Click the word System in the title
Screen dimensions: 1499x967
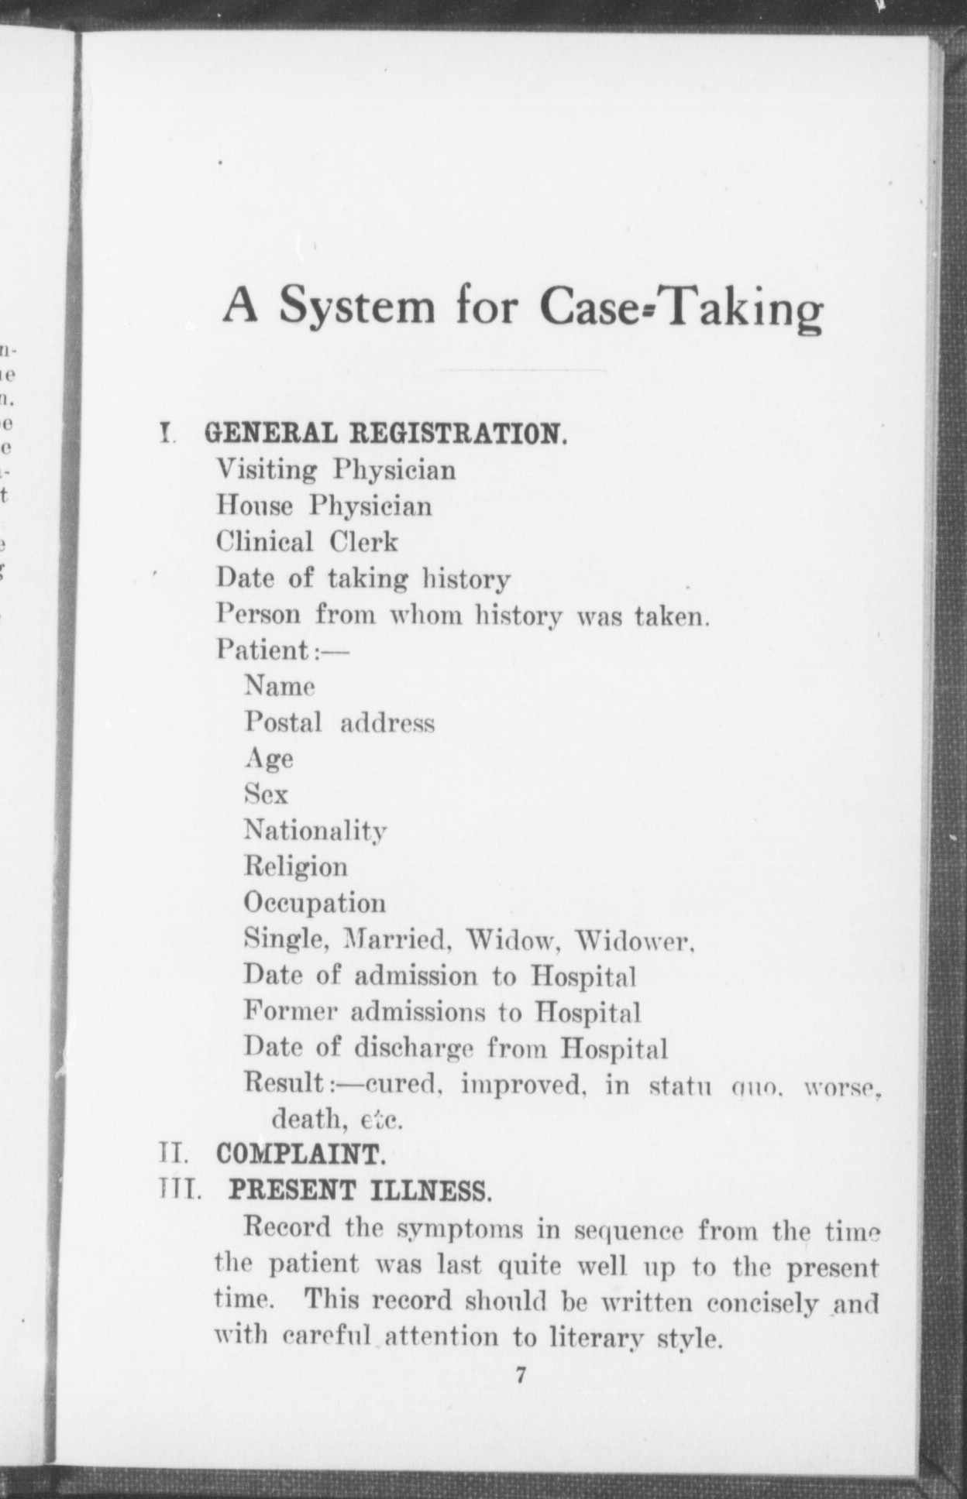point(357,307)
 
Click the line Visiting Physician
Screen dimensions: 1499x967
point(336,471)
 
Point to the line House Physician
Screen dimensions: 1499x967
point(324,506)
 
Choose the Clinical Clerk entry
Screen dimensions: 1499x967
point(307,542)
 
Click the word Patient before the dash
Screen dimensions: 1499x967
point(263,650)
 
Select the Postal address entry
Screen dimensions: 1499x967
point(339,722)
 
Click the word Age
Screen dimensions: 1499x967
point(269,759)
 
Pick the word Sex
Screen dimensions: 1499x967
point(266,794)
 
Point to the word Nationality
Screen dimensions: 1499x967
point(315,831)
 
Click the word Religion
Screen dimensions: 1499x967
point(296,866)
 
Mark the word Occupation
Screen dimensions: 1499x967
point(315,903)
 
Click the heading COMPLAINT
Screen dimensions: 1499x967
point(301,1154)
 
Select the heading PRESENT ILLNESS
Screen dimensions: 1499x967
point(360,1190)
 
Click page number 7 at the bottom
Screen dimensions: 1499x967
point(521,1376)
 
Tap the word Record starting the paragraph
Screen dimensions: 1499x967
point(287,1227)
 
